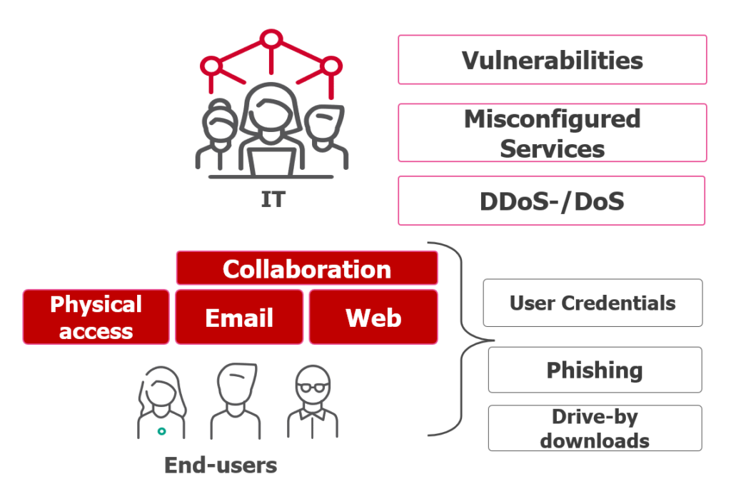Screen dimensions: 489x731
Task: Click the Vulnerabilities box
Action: pos(552,60)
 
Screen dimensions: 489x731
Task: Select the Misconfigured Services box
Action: pos(552,133)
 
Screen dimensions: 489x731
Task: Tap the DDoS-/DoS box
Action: pos(552,201)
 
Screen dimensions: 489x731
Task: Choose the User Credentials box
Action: pos(593,303)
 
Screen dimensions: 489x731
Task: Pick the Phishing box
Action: pos(595,370)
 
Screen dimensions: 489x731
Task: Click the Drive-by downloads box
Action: pos(595,428)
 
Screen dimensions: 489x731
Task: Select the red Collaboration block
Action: pos(307,268)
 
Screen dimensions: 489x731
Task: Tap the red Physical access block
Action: pos(96,317)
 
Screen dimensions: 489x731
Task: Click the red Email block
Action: pos(239,317)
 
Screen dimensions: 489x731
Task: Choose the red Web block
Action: pos(373,317)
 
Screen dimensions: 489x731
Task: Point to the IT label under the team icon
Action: pos(271,200)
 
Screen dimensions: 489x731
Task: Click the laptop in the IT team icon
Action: pos(271,160)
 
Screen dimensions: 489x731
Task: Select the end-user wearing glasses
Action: pos(313,403)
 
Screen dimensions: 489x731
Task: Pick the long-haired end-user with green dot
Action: pos(162,403)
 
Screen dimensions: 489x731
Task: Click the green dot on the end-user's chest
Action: pos(162,431)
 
